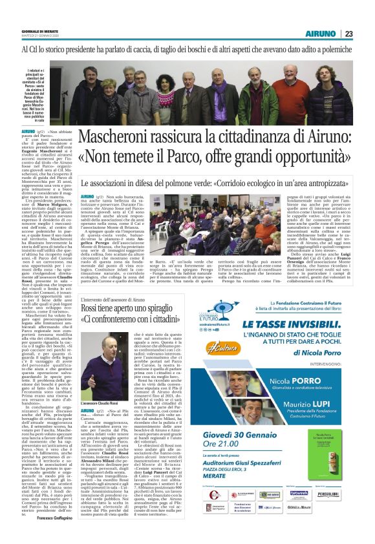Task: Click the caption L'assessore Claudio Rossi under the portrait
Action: coord(105,386)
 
